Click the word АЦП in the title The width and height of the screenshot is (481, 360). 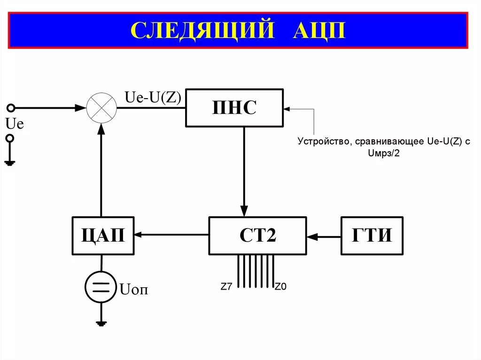[x=319, y=30]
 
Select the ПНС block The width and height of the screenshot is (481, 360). [x=234, y=107]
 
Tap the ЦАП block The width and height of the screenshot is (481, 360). [x=103, y=235]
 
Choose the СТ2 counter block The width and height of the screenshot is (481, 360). [x=257, y=235]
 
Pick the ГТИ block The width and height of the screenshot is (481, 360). [x=372, y=235]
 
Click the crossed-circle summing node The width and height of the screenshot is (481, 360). [x=101, y=107]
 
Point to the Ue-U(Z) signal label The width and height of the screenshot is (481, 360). [x=153, y=98]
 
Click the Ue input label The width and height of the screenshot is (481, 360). [x=15, y=124]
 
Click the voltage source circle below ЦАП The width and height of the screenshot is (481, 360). [x=101, y=287]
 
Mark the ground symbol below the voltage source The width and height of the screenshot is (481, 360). [x=101, y=323]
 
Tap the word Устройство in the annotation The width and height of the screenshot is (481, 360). [x=325, y=142]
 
